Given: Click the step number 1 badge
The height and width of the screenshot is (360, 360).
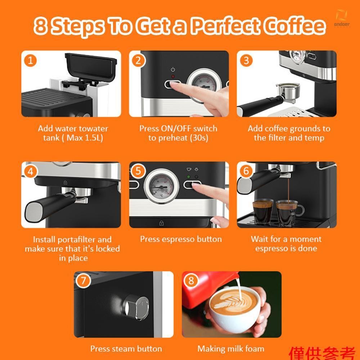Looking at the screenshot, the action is click(x=30, y=60).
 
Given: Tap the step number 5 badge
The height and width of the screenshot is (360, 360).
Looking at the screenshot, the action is click(x=138, y=171).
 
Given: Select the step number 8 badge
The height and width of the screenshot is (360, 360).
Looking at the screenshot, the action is click(x=191, y=280).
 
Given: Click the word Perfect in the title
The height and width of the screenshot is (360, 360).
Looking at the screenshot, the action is click(x=226, y=26).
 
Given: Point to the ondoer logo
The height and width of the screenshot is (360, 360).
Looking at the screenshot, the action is click(x=342, y=19).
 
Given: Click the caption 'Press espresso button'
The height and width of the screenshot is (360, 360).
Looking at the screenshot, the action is click(x=181, y=239).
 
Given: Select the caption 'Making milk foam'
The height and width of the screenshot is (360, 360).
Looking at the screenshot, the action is click(x=231, y=349).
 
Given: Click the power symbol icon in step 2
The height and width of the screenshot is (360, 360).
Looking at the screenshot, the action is click(x=173, y=69).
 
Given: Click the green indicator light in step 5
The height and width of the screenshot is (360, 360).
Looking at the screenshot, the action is click(x=189, y=177).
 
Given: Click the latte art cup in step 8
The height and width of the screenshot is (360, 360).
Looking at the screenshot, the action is click(x=234, y=308).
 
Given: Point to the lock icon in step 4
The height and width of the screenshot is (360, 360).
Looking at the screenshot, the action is click(x=65, y=183).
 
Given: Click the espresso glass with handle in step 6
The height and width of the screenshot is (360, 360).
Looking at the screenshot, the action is click(x=290, y=212).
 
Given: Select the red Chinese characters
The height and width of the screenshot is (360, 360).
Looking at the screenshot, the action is click(x=322, y=354).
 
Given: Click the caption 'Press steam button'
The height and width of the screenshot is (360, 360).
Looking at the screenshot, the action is click(x=126, y=349).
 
